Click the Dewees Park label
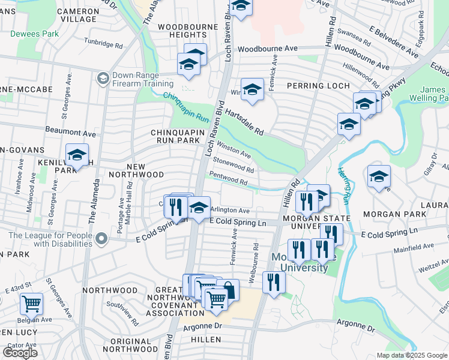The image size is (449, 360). [x=34, y=34]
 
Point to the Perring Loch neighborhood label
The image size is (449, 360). [x=318, y=86]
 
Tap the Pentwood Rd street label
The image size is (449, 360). [x=228, y=178]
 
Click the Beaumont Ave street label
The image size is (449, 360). [x=71, y=131]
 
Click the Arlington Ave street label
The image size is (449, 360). [x=230, y=211]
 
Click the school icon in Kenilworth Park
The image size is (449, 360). [x=77, y=155]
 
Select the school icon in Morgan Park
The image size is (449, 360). [x=379, y=177]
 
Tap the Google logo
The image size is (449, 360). [x=20, y=352]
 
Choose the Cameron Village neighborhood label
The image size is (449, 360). [x=76, y=15]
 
